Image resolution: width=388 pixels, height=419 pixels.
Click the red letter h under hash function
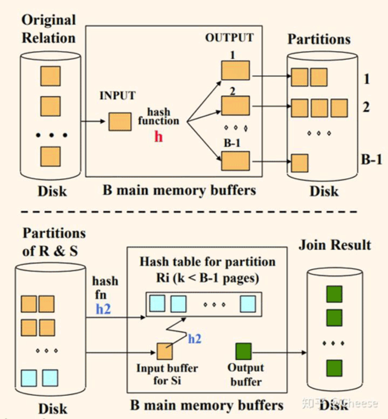158,137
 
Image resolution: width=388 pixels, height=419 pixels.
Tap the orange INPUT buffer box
120,121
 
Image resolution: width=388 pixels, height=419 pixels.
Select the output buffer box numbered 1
235,70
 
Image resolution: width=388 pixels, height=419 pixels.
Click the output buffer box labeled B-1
235,161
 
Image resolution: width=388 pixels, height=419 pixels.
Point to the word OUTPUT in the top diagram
229,38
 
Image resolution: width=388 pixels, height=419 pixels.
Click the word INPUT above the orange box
118,96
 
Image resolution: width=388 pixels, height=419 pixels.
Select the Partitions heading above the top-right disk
319,39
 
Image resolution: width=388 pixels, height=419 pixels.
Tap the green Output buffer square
243,352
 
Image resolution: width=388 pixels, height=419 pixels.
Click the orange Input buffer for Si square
165,352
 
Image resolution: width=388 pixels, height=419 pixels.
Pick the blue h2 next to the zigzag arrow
195,339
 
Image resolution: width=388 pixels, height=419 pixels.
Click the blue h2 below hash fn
103,309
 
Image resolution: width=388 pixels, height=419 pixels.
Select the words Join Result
335,245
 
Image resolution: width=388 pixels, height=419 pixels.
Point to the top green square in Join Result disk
334,294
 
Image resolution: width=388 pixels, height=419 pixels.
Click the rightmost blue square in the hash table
248,304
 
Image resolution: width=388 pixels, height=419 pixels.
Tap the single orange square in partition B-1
299,163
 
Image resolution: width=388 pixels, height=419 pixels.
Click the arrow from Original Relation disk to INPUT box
93,121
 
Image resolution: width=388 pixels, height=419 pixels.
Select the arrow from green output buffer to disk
279,352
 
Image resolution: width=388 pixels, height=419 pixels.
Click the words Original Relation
49,29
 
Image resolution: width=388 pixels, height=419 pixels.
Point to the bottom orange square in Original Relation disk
50,157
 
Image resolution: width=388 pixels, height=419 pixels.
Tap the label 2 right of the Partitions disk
366,107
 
